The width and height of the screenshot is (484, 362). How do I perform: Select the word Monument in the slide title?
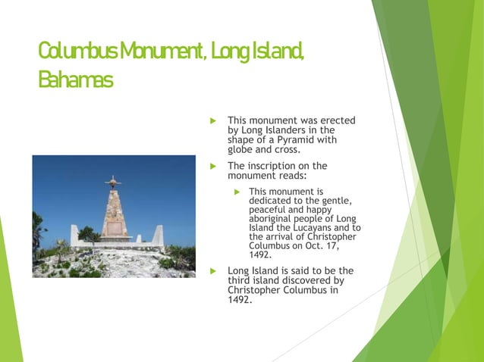159,52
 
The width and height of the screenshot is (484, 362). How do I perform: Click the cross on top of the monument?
114,182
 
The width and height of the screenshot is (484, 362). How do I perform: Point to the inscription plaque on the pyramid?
114,226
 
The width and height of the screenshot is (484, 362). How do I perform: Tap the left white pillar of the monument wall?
74,236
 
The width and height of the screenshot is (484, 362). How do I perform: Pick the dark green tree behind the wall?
90,233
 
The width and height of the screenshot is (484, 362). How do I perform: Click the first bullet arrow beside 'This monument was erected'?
214,120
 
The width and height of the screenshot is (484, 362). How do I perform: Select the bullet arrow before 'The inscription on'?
214,166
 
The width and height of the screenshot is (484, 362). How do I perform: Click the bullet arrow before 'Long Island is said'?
214,270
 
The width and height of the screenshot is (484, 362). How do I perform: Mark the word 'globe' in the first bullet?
243,149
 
